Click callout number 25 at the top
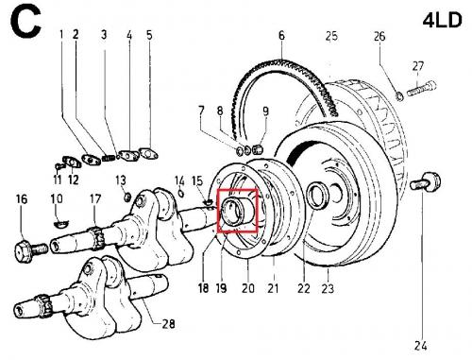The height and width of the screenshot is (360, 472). coord(330,37)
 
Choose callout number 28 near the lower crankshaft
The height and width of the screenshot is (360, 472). coord(168,324)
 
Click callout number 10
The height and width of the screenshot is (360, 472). coord(57,198)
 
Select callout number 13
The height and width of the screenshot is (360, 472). coord(120,180)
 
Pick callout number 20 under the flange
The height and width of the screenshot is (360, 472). coord(248,287)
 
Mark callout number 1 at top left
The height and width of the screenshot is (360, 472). coord(61,35)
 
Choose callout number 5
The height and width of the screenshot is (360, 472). coord(148,35)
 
